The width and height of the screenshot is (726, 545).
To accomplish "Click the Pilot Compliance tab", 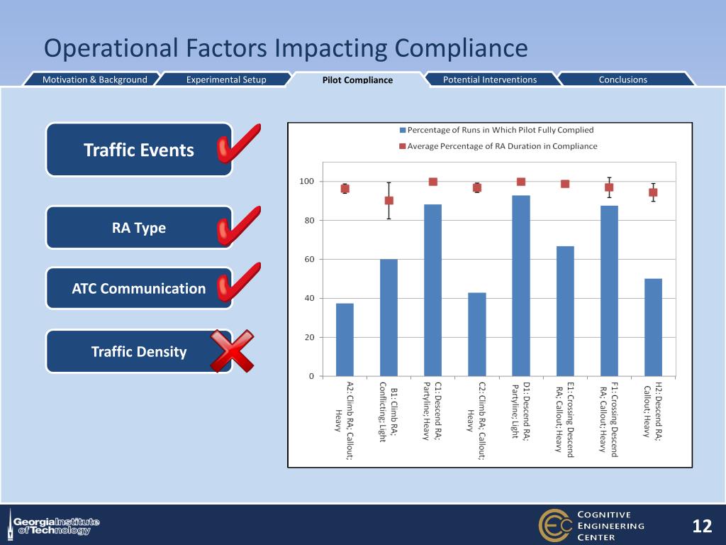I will [x=357, y=80].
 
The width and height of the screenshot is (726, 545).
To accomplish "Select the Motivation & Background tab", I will [x=94, y=79].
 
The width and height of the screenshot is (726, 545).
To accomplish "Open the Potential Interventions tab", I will [x=489, y=79].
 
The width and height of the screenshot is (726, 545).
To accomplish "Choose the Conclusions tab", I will [x=622, y=79].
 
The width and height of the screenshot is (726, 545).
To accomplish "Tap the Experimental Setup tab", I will [x=226, y=79].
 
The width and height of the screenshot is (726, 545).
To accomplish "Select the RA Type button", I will [x=139, y=228].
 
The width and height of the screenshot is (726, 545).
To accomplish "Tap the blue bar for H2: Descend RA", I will [x=653, y=327].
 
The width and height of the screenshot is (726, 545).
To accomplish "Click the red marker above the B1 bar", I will [x=389, y=200].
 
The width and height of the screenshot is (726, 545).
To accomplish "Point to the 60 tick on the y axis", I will [x=310, y=260].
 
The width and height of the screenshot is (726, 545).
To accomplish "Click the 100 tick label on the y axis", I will [x=306, y=182].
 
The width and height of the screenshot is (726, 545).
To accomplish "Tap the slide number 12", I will [x=701, y=526].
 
